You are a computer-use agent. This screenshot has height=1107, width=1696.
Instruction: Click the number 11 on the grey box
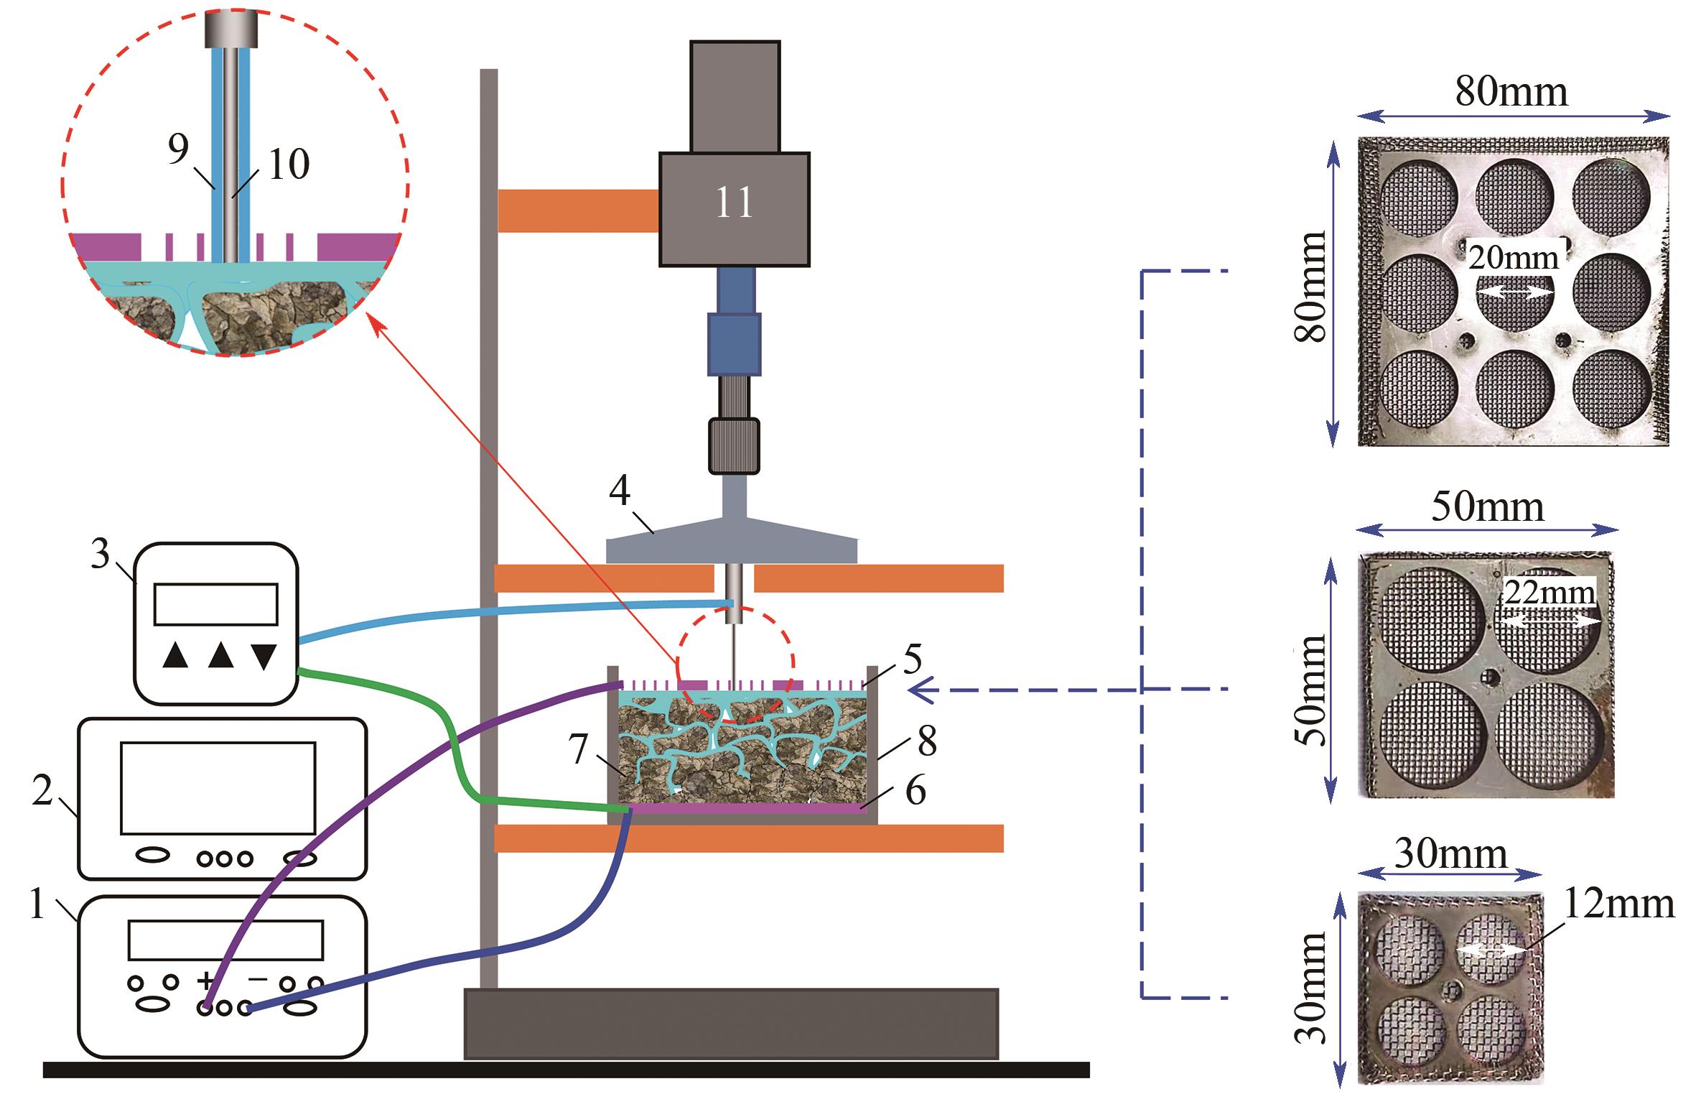734,203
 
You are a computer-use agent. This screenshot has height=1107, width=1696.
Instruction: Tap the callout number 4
619,493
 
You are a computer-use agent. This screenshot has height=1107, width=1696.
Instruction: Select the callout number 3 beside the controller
101,555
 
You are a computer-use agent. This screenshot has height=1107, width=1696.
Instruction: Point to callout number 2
43,792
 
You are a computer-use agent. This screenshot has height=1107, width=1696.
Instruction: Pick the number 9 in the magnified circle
178,149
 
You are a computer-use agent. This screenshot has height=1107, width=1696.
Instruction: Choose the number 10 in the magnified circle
289,165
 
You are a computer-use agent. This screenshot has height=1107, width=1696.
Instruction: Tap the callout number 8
927,742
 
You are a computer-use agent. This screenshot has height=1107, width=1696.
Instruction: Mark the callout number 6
915,792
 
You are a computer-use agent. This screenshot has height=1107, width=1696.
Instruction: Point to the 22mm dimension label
1550,593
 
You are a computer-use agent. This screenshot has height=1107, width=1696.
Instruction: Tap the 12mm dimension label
1618,906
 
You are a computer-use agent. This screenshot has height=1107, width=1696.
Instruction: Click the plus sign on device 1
205,980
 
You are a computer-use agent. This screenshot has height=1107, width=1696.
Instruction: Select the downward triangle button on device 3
264,656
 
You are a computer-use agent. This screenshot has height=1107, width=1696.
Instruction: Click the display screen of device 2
218,788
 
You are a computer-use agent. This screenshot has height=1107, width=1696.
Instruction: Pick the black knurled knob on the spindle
734,446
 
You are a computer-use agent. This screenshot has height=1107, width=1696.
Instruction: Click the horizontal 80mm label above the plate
1511,92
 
